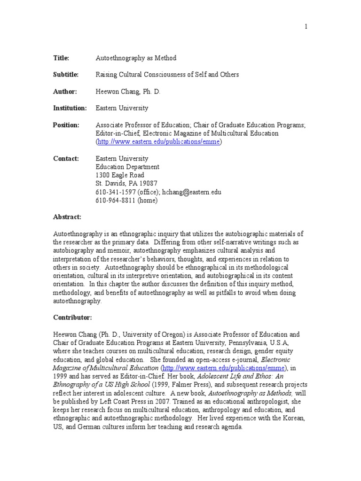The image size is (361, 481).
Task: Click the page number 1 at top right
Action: (306, 27)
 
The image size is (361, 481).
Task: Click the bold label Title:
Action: (61, 58)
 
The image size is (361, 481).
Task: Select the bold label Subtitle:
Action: (65, 75)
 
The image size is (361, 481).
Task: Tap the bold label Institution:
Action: (70, 108)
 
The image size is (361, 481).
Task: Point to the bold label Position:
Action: (66, 125)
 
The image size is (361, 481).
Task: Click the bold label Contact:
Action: (66, 158)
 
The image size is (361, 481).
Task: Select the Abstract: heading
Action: (67, 217)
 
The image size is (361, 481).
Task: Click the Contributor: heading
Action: (72, 318)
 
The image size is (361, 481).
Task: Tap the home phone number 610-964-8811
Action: (115, 201)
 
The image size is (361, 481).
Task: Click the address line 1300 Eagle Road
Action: (120, 175)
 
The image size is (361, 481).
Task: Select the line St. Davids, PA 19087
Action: (126, 184)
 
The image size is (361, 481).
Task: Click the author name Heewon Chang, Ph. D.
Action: (128, 92)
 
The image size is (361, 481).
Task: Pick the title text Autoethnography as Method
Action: (136, 58)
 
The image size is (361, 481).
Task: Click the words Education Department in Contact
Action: (127, 167)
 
